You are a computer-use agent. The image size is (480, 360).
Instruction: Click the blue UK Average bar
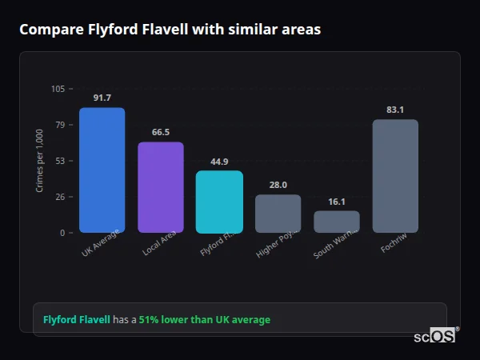(x=102, y=170)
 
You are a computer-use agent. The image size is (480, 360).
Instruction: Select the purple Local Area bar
(x=161, y=187)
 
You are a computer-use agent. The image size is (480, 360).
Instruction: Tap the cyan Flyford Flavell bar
(x=219, y=202)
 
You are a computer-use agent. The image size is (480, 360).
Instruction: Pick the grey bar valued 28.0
(x=278, y=214)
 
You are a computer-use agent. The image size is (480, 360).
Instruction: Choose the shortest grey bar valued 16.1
(x=337, y=222)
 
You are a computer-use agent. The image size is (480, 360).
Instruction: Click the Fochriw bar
(x=395, y=176)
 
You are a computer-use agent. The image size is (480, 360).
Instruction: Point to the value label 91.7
(x=102, y=98)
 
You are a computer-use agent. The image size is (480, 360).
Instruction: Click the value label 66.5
(x=161, y=132)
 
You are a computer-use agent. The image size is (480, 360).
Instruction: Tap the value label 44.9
(x=219, y=162)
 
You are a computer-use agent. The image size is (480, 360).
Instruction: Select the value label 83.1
(x=395, y=110)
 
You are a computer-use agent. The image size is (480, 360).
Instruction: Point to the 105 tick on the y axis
(x=58, y=89)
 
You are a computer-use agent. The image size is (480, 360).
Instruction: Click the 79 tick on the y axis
(x=60, y=125)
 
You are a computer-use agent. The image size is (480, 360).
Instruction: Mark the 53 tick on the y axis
(x=60, y=161)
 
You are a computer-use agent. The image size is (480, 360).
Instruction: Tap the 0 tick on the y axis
(x=62, y=233)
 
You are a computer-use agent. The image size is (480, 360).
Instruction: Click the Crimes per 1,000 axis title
(x=39, y=161)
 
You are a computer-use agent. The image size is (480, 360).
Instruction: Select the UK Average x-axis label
(x=101, y=244)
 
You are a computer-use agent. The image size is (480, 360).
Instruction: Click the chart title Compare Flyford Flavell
(x=170, y=30)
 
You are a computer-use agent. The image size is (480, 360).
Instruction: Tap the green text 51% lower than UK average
(x=205, y=320)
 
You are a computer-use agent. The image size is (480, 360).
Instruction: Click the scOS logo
(x=434, y=337)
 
